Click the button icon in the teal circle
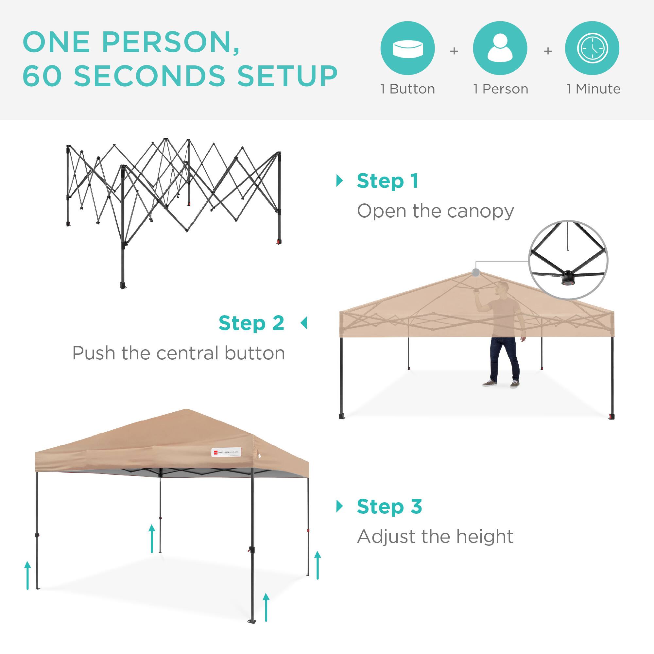(407, 48)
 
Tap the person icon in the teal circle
(500, 48)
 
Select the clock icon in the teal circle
(593, 48)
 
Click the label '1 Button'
(407, 89)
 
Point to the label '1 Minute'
(594, 89)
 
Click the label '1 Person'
(501, 89)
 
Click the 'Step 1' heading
(387, 181)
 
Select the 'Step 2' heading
(251, 323)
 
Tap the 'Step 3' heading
(389, 507)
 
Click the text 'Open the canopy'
(435, 212)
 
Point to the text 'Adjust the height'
(435, 537)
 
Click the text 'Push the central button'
(179, 353)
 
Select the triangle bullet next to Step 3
(339, 507)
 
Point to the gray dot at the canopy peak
(476, 272)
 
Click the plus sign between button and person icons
(454, 51)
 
